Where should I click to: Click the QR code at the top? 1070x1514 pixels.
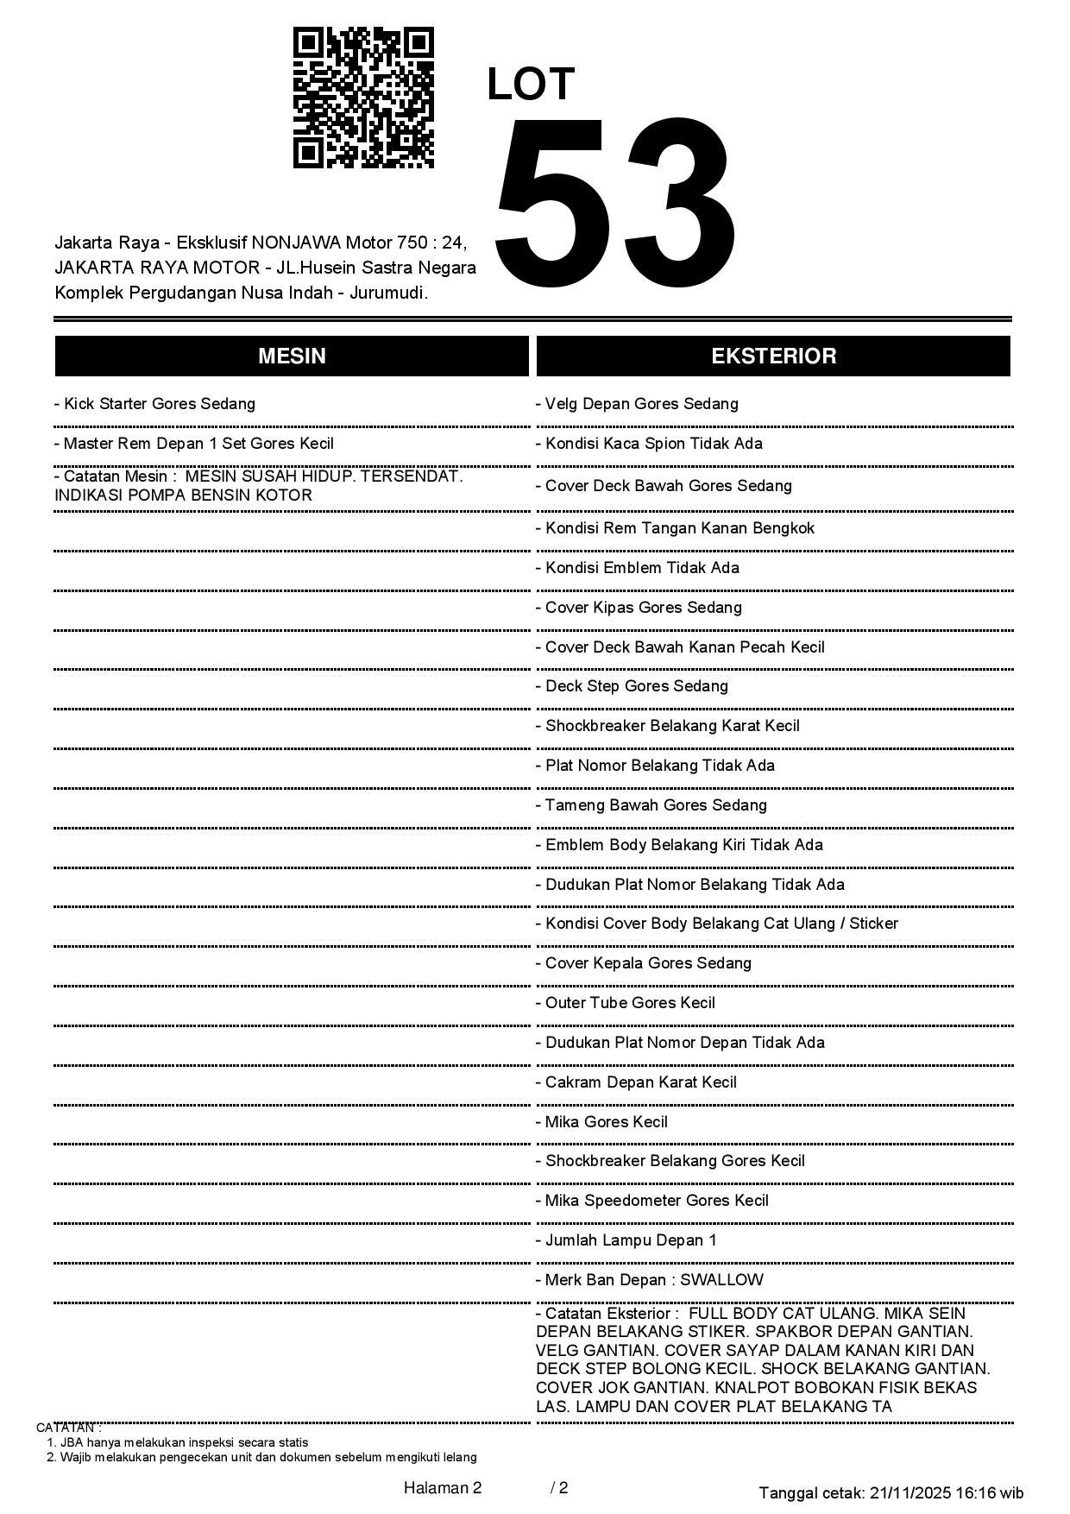(x=363, y=98)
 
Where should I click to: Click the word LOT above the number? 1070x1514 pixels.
(x=531, y=85)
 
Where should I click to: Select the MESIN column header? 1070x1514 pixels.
(x=292, y=356)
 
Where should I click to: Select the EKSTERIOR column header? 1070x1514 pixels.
(x=773, y=356)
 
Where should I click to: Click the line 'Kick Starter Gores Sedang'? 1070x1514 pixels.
(x=155, y=404)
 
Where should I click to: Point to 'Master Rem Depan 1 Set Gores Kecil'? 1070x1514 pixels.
(x=194, y=444)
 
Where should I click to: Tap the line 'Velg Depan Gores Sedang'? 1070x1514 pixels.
(x=638, y=404)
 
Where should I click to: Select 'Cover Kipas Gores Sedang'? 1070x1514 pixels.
(x=639, y=608)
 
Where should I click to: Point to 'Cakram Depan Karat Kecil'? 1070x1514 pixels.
(x=637, y=1082)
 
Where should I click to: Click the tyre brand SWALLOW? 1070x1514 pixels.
(x=721, y=1280)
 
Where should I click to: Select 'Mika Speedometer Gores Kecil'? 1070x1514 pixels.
(x=652, y=1201)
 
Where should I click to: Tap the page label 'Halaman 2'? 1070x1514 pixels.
(x=443, y=1488)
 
